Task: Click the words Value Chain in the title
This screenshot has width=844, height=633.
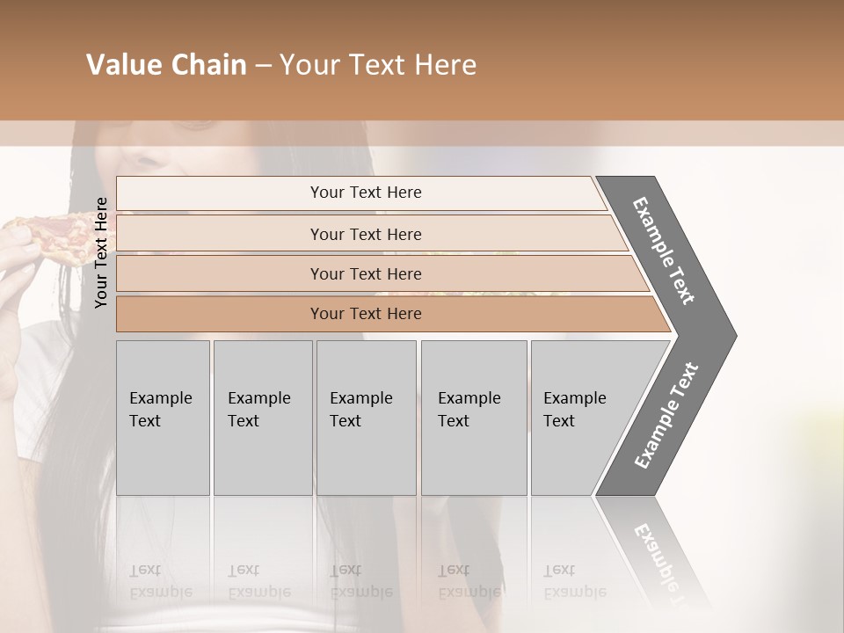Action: pos(166,65)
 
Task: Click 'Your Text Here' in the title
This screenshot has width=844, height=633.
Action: pos(378,65)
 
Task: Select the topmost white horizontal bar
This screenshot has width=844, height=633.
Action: pos(220,193)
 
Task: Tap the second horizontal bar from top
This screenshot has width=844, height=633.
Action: pos(220,234)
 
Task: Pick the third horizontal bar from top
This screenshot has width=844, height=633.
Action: pos(220,273)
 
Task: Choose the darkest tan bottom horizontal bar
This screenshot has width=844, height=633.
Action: pos(220,314)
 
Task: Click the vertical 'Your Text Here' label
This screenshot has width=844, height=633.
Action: pos(101,252)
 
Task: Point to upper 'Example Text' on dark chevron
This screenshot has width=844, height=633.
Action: pos(664,251)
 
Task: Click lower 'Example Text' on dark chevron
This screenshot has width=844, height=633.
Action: pos(666,416)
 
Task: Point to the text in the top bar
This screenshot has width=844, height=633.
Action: pos(366,193)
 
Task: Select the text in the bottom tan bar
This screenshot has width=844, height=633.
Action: pos(366,314)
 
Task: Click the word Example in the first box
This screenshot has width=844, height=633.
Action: pos(160,398)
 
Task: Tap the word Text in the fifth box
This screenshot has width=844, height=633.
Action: pos(559,421)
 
